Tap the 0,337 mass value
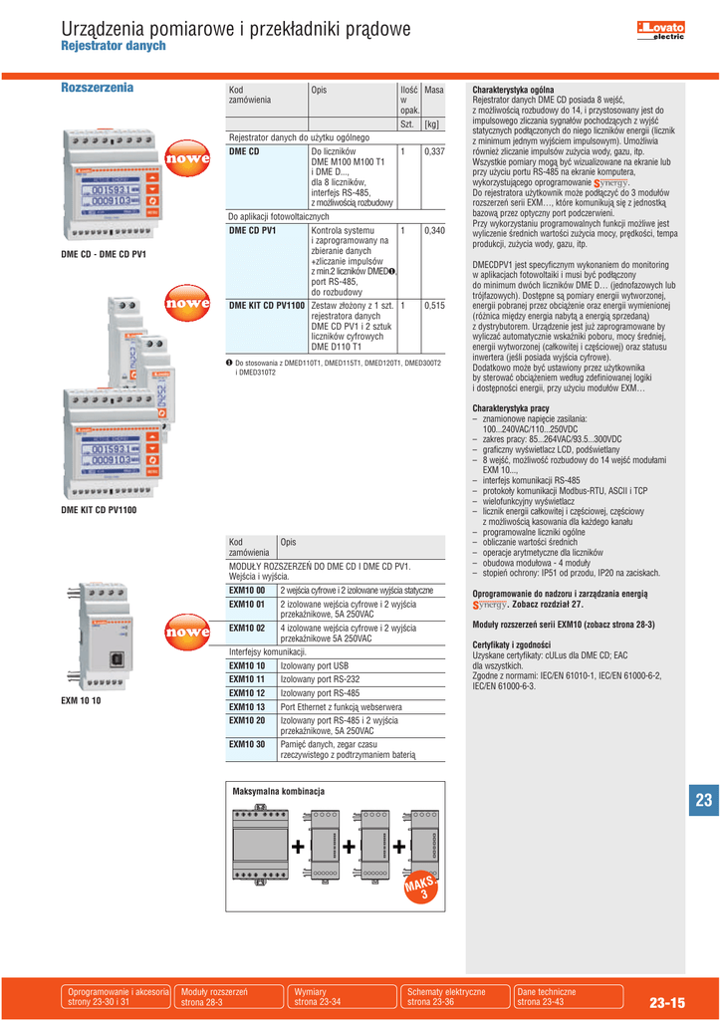coord(433,151)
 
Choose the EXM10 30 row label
coord(246,744)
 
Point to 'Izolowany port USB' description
coord(315,665)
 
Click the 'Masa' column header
coord(433,90)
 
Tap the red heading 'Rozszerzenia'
coord(98,88)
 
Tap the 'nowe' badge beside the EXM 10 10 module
coord(187,632)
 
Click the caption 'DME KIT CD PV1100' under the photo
coord(99,510)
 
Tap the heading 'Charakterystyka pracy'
coord(511,408)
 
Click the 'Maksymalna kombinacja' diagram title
coord(279,790)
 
